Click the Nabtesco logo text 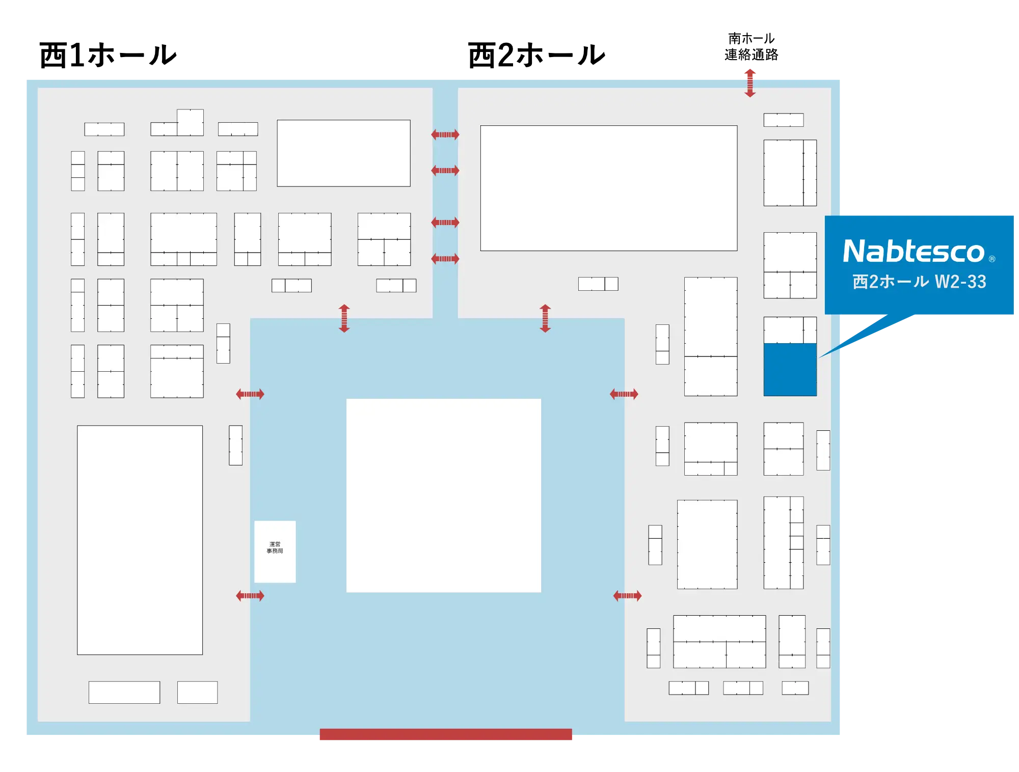coord(914,252)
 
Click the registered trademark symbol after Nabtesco coord(991,259)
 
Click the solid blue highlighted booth coord(790,369)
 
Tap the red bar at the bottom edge coord(446,734)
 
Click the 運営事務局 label coord(275,547)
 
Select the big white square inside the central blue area coord(443,495)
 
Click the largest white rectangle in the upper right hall coord(608,188)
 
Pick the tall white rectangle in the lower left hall coord(140,540)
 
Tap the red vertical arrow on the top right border coord(749,81)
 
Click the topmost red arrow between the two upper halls coord(445,134)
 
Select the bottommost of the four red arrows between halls coord(445,259)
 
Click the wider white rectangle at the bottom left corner coord(124,692)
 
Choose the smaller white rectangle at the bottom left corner coord(197,692)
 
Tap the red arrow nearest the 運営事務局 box coord(250,595)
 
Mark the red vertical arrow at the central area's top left coord(344,318)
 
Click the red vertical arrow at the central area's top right coord(545,318)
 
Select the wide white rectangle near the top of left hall coord(343,153)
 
